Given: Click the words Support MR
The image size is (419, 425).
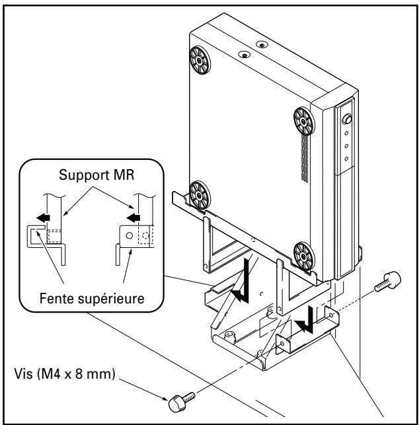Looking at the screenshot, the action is click(x=96, y=174).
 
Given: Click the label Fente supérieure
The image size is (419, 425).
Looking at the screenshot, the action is click(x=92, y=298).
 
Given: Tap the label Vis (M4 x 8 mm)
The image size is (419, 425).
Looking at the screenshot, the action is click(x=65, y=374).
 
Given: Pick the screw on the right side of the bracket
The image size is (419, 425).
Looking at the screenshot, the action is click(x=387, y=282).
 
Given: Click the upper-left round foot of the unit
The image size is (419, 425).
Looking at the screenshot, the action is click(x=200, y=60).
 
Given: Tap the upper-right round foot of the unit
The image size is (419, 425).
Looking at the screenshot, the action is click(x=304, y=122).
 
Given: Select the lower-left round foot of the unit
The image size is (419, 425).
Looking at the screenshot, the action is click(x=200, y=195).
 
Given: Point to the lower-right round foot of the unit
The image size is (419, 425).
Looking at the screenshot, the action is click(x=304, y=256).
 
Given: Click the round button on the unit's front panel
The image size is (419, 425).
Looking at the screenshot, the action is click(x=347, y=119).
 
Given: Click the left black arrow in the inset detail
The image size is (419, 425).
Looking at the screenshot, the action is click(x=44, y=217).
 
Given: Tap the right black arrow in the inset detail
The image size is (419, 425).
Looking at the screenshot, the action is click(x=133, y=217).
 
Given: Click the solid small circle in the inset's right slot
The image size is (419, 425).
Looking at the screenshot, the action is click(x=130, y=235).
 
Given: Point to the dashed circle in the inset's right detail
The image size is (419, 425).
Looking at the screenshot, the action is click(x=145, y=235).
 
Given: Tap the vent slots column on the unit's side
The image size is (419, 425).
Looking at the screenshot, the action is click(x=305, y=159).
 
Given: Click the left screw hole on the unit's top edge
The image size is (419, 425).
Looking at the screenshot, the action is click(x=245, y=55).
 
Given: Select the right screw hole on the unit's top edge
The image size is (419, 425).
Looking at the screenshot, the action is click(x=262, y=44).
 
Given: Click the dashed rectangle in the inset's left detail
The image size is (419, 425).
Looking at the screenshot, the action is click(x=54, y=237).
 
